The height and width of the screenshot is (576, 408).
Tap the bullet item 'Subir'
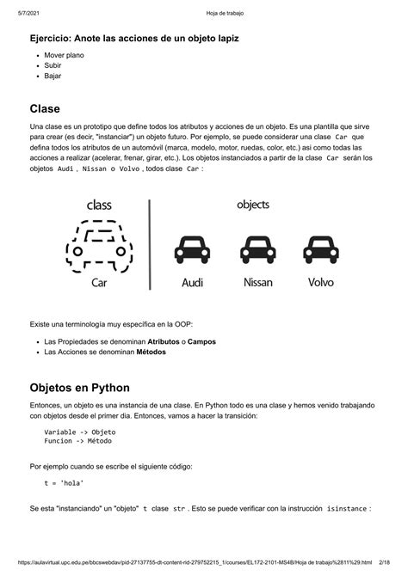click(x=53, y=65)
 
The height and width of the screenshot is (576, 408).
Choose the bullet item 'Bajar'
click(x=53, y=76)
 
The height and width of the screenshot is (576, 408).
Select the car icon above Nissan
click(x=258, y=250)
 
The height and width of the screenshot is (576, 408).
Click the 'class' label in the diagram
click(x=99, y=205)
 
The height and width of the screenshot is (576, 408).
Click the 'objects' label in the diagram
click(x=253, y=205)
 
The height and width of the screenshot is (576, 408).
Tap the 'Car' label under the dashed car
click(x=100, y=283)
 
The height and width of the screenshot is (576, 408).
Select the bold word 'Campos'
click(x=201, y=341)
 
